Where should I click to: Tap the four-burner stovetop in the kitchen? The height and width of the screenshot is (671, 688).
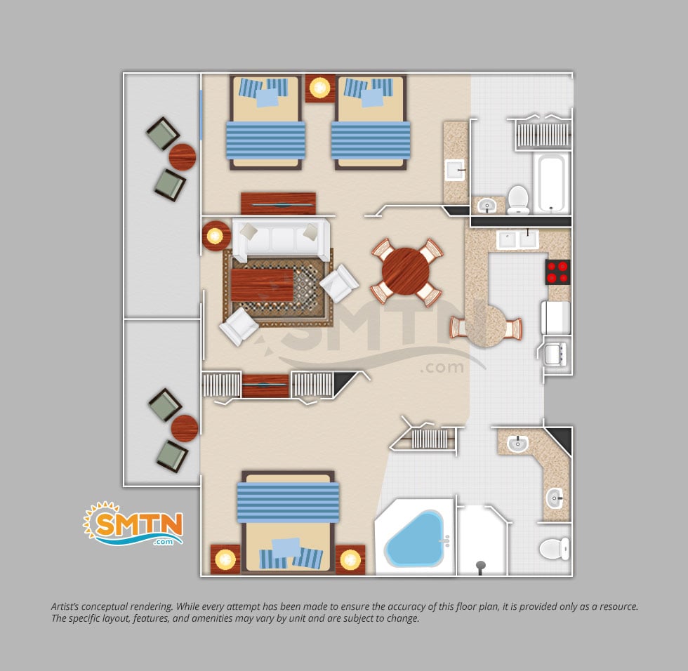click(x=557, y=272)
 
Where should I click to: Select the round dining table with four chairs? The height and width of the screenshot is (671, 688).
click(x=406, y=272)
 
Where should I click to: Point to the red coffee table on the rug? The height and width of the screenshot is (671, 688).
click(x=262, y=285)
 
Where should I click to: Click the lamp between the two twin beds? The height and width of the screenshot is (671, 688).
click(x=320, y=88)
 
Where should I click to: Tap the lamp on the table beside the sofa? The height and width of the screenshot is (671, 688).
click(x=215, y=236)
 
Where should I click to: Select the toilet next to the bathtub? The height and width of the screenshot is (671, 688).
click(x=518, y=199)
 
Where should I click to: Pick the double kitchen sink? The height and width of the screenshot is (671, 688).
click(x=517, y=239)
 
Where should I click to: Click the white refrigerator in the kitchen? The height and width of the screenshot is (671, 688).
click(x=556, y=317)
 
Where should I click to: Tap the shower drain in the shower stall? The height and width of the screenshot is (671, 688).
click(x=481, y=565)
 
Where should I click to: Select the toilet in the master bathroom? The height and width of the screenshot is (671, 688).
click(x=554, y=549)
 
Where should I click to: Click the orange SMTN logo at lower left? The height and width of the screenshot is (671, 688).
click(x=134, y=524)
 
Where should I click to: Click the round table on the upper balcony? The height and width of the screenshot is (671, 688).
click(x=182, y=157)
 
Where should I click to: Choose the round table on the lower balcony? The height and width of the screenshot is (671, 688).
click(x=184, y=428)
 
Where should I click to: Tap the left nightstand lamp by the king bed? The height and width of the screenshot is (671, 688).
click(x=225, y=559)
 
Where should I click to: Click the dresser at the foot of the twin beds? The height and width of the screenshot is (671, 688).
click(x=278, y=204)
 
